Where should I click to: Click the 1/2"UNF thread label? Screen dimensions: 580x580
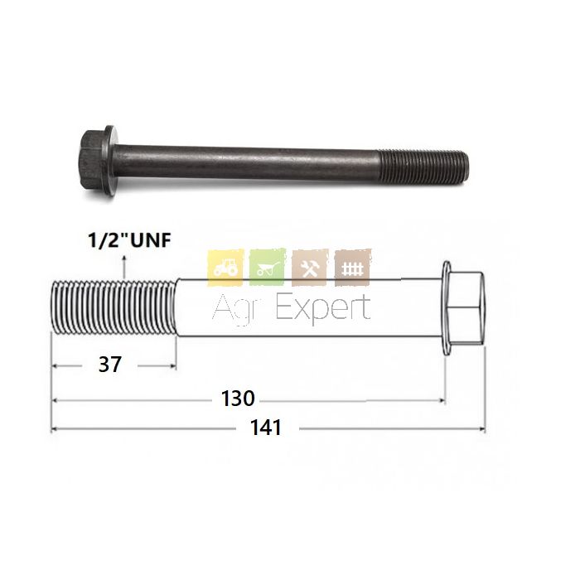(x=129, y=240)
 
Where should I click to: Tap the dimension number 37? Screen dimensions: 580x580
(x=110, y=365)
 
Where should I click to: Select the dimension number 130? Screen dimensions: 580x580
(x=238, y=399)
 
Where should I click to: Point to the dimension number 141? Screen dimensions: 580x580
(x=266, y=428)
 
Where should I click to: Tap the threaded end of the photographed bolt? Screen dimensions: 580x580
(x=423, y=167)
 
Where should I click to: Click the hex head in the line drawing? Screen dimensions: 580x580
(x=466, y=308)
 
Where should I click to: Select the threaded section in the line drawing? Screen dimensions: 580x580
(x=114, y=307)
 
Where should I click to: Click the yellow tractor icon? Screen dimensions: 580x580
(x=225, y=268)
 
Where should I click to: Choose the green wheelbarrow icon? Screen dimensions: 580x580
(x=268, y=267)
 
